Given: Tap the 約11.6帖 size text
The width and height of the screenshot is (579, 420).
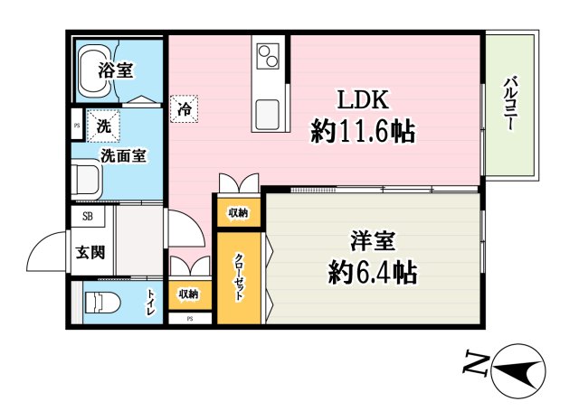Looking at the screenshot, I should click(x=363, y=133).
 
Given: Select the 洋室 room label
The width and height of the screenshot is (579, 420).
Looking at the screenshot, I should click(x=374, y=241).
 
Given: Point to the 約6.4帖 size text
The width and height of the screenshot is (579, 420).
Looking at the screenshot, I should click(x=374, y=271).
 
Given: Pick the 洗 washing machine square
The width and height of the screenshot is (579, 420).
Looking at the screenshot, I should click(x=105, y=127).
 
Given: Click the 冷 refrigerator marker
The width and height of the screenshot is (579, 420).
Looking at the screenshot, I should click(x=184, y=109).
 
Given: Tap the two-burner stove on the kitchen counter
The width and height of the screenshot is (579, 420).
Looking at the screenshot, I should click(x=270, y=57).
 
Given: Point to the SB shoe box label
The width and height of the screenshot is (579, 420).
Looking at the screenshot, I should click(x=88, y=216).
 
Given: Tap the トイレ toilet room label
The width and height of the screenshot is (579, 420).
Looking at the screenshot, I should click(x=151, y=301).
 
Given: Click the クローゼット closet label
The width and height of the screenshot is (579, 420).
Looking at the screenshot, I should click(x=239, y=276).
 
